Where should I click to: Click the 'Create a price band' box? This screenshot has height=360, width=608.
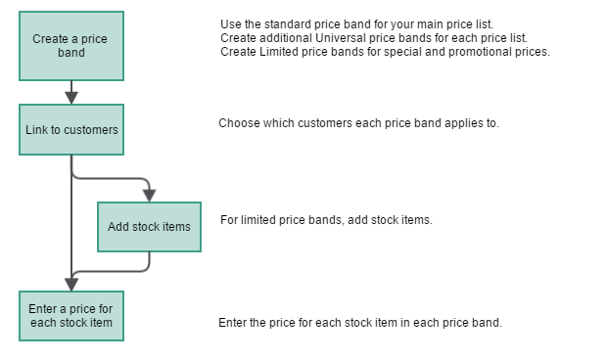click(x=71, y=46)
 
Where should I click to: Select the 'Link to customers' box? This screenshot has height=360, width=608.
click(x=71, y=130)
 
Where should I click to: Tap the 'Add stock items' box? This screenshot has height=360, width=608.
click(x=149, y=227)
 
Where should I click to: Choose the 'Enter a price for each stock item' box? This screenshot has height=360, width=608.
click(x=71, y=315)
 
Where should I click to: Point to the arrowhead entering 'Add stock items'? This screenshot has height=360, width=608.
click(x=149, y=194)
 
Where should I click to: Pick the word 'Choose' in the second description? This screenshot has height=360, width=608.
click(x=238, y=124)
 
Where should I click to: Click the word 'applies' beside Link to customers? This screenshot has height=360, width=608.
click(x=463, y=124)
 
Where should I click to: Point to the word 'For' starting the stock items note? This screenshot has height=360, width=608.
click(x=229, y=220)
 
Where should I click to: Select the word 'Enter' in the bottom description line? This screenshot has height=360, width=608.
click(x=233, y=323)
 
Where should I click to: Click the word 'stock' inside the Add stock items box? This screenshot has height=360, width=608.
click(x=148, y=227)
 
